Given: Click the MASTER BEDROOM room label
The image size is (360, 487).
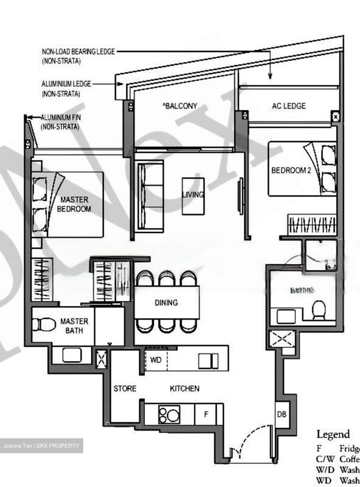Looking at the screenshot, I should click(74, 204).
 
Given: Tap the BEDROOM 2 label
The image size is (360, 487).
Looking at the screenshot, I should click(291, 170).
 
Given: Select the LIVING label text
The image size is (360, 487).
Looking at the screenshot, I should click(193, 194).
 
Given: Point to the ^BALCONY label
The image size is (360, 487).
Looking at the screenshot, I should click(179, 106).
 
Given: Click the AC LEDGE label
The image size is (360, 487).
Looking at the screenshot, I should click(289, 106).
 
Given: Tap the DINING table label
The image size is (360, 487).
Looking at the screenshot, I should click(166, 302).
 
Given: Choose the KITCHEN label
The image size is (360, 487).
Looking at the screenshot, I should click(184, 389).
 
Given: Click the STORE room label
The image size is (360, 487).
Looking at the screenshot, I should click(125, 389).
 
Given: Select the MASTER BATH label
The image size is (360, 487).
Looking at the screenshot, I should click(74, 326).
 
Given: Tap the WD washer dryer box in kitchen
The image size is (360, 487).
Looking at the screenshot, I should click(155, 360).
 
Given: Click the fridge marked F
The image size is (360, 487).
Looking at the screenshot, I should click(206, 414).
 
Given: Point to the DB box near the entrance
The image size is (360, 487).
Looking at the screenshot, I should click(282, 414).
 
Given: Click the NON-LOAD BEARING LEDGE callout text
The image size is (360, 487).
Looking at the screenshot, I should click(78, 52).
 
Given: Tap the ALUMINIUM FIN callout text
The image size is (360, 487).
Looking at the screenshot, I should click(61, 118).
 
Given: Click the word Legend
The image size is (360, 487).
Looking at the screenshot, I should click(333, 434).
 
